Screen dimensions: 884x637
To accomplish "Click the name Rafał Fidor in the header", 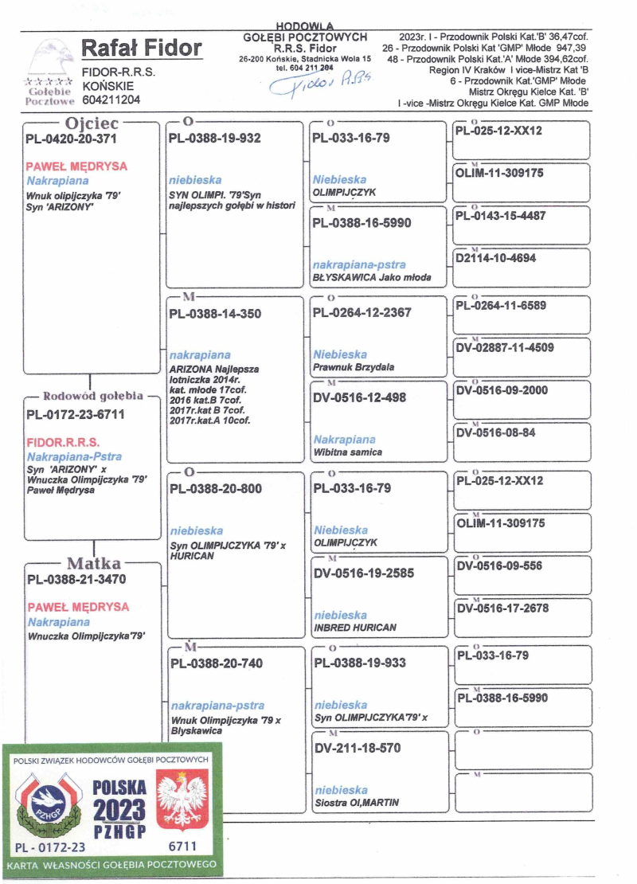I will pos(143,49).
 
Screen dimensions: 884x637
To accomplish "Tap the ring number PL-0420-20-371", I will pos(72,139).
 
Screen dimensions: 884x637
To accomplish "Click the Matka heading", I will pos(94,565).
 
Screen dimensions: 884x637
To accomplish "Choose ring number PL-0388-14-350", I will pos(215,314).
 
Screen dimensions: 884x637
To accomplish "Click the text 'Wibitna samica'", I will pos(347,452).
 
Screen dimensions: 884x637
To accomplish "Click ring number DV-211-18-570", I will pos(358,748).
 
